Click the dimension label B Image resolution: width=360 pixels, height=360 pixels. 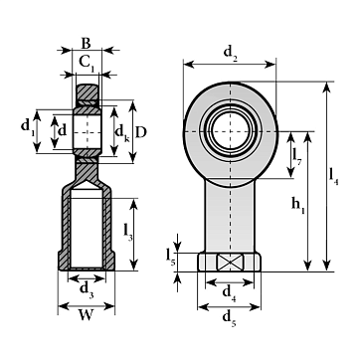click(x=86, y=43)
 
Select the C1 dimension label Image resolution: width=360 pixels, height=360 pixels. click(x=88, y=63)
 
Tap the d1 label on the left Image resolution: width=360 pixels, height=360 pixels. click(x=27, y=127)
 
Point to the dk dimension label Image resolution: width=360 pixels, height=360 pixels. click(x=122, y=134)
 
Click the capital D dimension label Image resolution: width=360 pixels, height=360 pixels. click(x=141, y=132)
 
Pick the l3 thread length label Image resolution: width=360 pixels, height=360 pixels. click(x=127, y=232)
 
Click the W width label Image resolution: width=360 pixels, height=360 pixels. click(x=86, y=316)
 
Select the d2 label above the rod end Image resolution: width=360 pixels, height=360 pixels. click(x=231, y=53)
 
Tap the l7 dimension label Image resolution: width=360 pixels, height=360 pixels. click(x=297, y=156)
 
